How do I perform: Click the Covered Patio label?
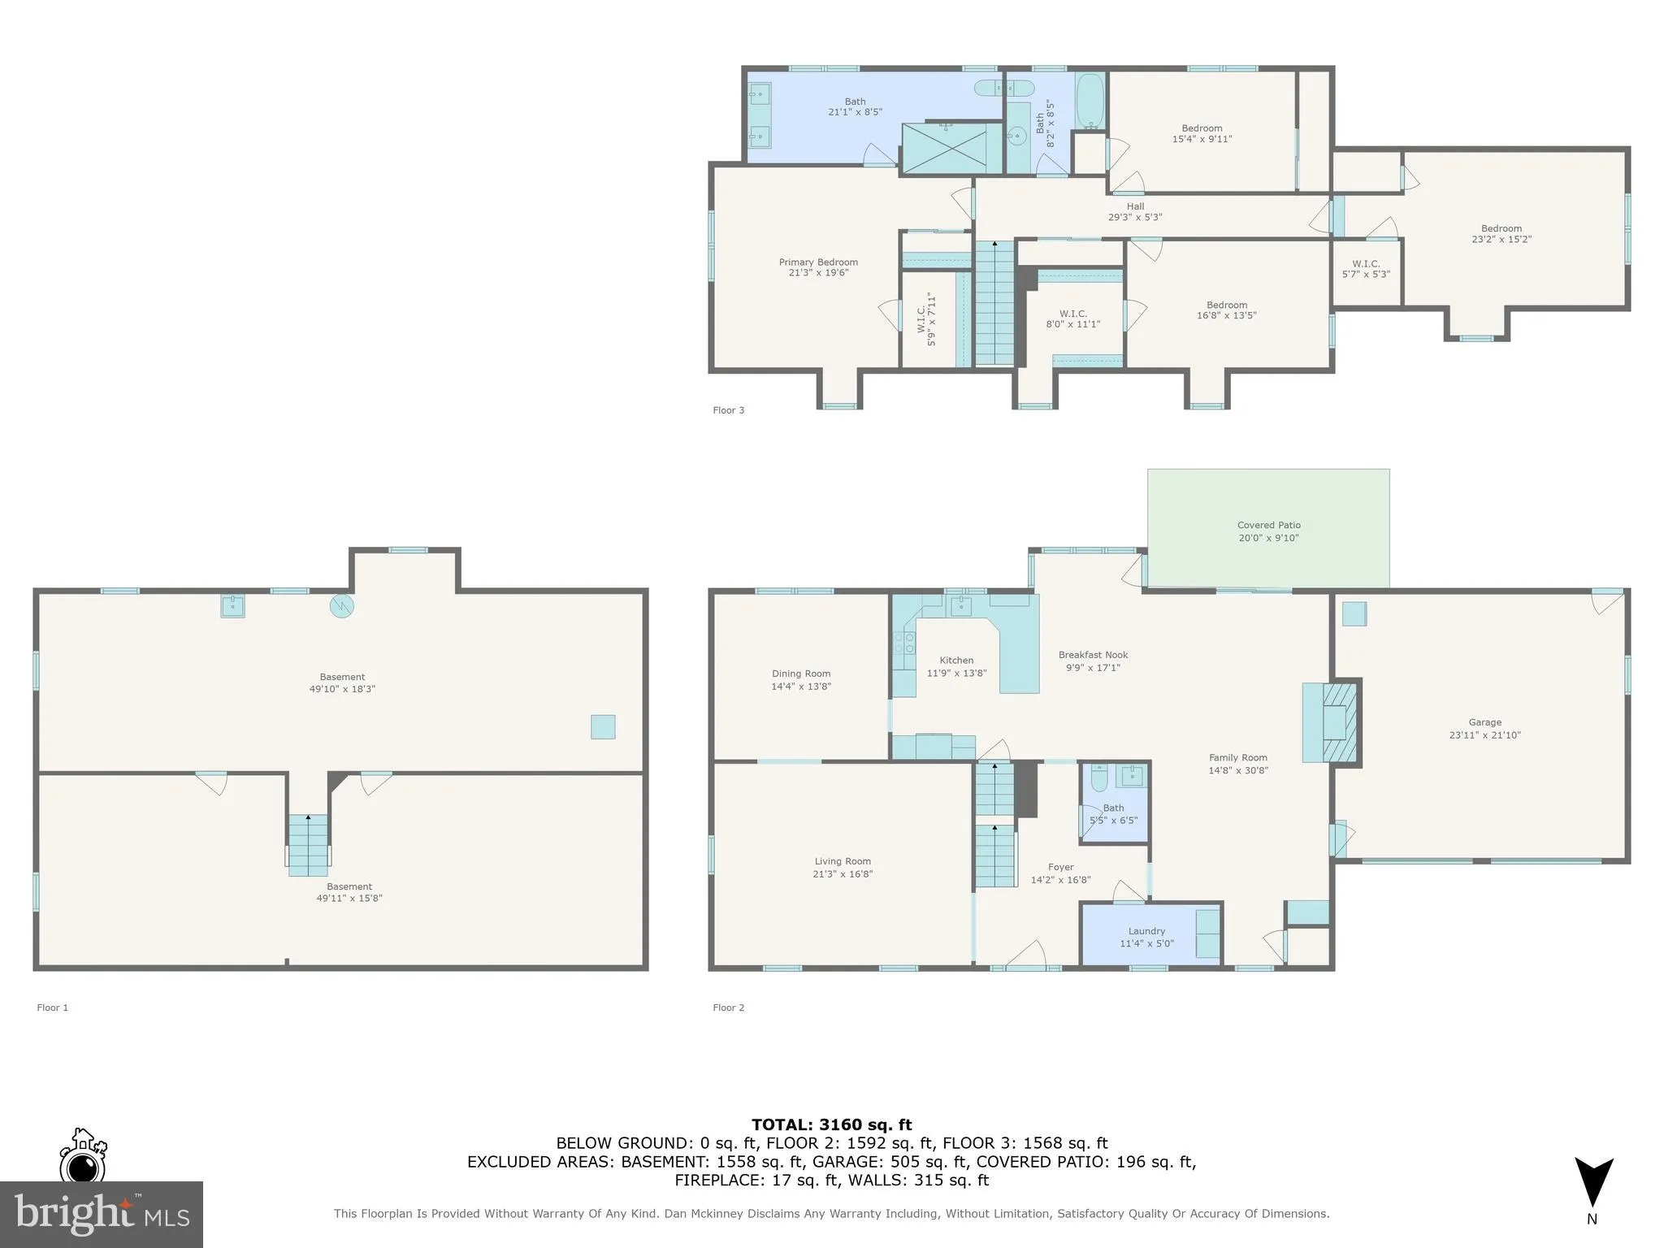(1268, 526)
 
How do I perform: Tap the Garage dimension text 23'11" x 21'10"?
(1484, 735)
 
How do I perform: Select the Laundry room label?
(1146, 931)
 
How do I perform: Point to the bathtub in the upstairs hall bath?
(1090, 102)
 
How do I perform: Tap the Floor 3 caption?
(728, 410)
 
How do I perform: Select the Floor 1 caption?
(53, 1007)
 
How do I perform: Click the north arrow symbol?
(1592, 1182)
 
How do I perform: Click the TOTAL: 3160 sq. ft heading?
(831, 1124)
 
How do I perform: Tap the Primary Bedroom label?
(818, 262)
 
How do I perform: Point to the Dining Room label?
(801, 674)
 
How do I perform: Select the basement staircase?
(308, 845)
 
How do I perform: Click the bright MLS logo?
(101, 1214)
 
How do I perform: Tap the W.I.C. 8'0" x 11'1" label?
(1072, 318)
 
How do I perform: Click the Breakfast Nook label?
(1093, 655)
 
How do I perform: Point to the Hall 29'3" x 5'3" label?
(1135, 211)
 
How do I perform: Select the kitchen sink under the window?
(961, 605)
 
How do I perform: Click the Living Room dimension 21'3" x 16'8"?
(843, 874)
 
